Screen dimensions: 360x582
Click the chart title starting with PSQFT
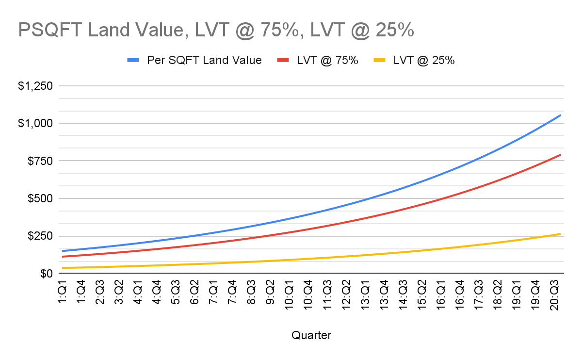(x=216, y=30)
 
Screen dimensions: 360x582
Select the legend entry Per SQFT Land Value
(x=204, y=60)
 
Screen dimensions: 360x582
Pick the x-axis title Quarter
(x=311, y=335)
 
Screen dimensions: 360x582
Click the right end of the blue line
(x=561, y=115)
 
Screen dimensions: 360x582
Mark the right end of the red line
(x=561, y=155)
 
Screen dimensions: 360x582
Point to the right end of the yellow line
(x=561, y=234)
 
